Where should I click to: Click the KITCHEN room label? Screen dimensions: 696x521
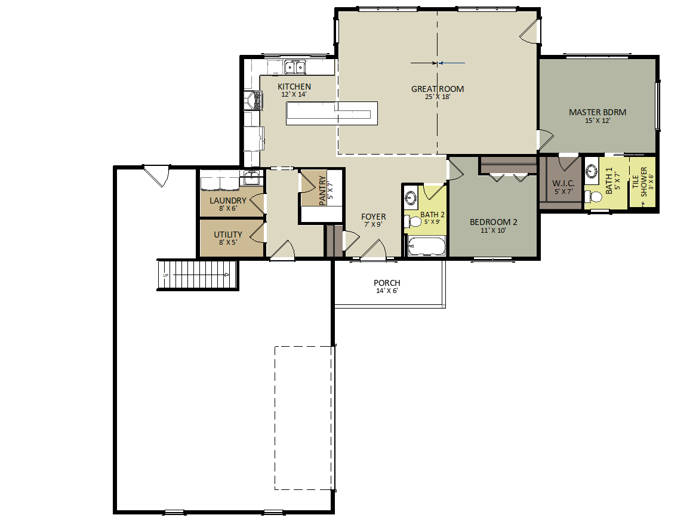tap(294, 87)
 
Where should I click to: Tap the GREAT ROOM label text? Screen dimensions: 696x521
tap(438, 89)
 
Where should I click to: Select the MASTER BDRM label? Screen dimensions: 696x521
tap(598, 112)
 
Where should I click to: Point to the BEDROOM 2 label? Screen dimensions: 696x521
tap(494, 222)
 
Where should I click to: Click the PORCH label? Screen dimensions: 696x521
tap(387, 283)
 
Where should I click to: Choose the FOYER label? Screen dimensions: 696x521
tap(373, 217)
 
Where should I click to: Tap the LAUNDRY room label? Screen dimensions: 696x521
tap(227, 201)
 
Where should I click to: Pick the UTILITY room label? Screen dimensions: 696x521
tap(228, 235)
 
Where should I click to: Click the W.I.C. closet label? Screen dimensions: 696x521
tap(563, 183)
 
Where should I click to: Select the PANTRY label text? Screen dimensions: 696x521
tap(322, 191)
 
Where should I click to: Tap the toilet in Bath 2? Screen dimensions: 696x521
tap(412, 221)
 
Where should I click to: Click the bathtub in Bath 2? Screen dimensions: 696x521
tap(426, 246)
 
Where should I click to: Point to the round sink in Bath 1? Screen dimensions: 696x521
tap(592, 171)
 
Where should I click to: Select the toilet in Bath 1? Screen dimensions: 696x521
tap(593, 196)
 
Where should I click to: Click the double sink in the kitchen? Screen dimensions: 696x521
tap(295, 67)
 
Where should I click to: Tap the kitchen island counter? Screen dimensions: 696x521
tap(331, 113)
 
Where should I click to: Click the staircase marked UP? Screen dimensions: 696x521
tap(198, 275)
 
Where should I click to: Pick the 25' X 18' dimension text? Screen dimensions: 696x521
tap(438, 97)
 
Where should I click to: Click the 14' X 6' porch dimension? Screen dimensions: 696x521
tap(387, 291)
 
